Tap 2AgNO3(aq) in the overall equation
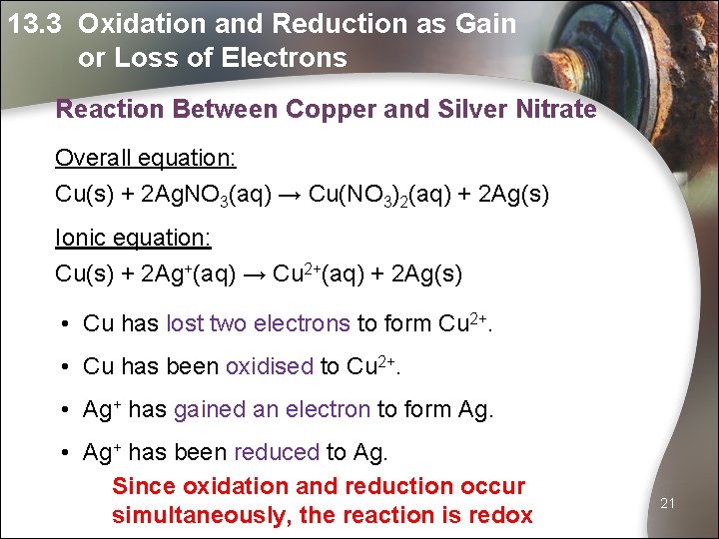tap(203, 193)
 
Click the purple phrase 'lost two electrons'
tap(258, 323)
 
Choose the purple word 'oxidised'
tap(270, 366)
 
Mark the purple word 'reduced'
tap(276, 452)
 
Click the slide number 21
tap(668, 503)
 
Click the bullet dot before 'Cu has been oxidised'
tap(63, 367)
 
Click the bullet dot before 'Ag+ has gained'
tap(63, 410)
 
